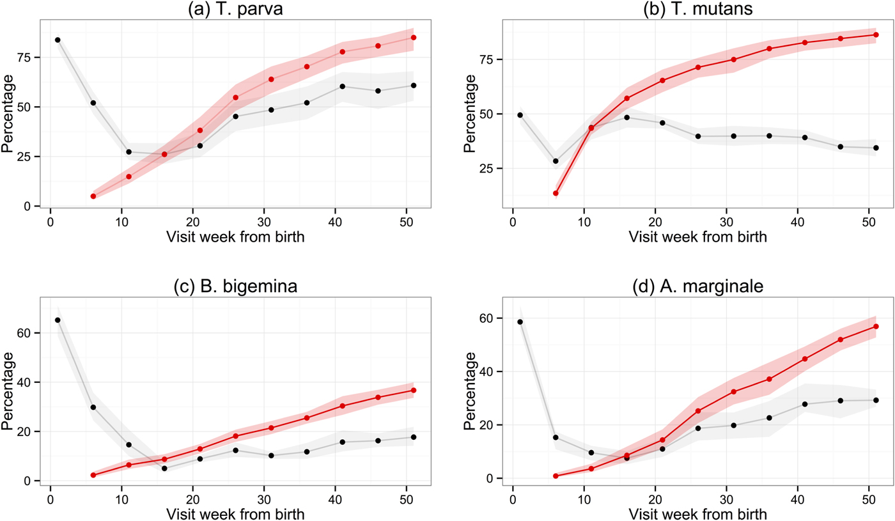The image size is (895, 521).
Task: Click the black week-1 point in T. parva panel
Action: click(x=58, y=40)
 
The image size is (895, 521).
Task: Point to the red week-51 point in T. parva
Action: click(x=414, y=38)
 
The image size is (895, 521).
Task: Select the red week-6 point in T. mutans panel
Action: click(x=556, y=193)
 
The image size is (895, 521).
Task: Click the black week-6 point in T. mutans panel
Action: click(x=556, y=161)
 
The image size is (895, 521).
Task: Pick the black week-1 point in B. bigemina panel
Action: click(x=58, y=320)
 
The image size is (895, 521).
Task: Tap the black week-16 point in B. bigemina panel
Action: click(x=164, y=469)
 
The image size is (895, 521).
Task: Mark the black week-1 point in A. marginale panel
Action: click(x=520, y=322)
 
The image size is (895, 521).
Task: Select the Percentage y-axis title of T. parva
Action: click(x=8, y=114)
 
